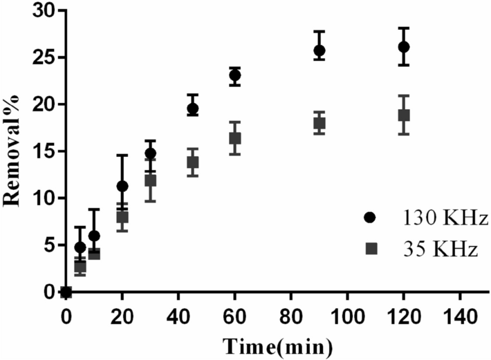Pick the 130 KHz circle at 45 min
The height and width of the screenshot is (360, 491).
coord(193,108)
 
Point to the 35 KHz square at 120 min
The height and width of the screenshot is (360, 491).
coord(404,115)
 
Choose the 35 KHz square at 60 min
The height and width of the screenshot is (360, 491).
coord(235,138)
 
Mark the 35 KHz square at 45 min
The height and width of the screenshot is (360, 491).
coord(193,162)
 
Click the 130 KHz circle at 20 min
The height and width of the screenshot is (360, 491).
coord(122,186)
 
